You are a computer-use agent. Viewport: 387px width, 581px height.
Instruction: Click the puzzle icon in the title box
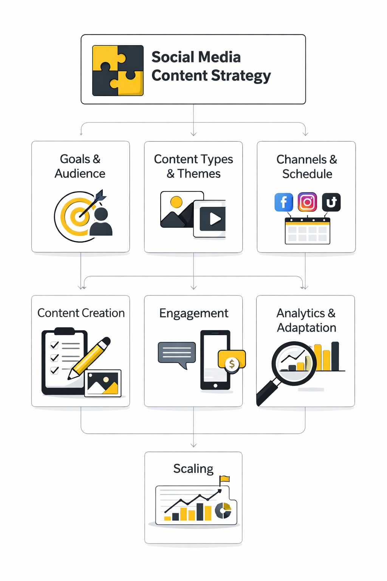click(x=118, y=70)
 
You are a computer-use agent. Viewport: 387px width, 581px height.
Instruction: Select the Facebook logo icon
click(x=284, y=202)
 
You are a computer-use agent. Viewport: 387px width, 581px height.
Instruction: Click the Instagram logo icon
click(x=307, y=202)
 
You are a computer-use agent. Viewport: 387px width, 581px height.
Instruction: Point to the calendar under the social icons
click(x=307, y=231)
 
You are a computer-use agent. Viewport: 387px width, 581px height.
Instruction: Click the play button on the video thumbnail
click(x=214, y=219)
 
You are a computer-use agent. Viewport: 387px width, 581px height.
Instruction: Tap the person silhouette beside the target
click(x=101, y=223)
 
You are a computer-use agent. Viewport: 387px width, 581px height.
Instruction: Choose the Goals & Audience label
click(x=80, y=166)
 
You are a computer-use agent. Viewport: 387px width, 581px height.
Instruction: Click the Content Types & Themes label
click(x=193, y=166)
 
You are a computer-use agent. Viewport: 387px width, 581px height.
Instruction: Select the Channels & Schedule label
click(x=307, y=166)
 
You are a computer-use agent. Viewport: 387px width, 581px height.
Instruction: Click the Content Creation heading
click(x=81, y=313)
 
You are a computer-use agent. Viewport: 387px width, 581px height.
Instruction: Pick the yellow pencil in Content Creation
click(x=91, y=357)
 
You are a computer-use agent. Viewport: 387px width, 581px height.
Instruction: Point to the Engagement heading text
click(x=193, y=314)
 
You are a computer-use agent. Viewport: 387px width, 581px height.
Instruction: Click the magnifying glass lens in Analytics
click(x=294, y=363)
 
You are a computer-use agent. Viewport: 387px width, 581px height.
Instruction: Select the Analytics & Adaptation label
click(x=306, y=320)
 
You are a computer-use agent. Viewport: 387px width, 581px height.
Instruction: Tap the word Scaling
click(x=193, y=469)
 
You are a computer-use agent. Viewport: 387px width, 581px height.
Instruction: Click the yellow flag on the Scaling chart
click(x=225, y=479)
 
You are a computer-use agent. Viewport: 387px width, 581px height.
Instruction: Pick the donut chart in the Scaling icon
click(x=223, y=511)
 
